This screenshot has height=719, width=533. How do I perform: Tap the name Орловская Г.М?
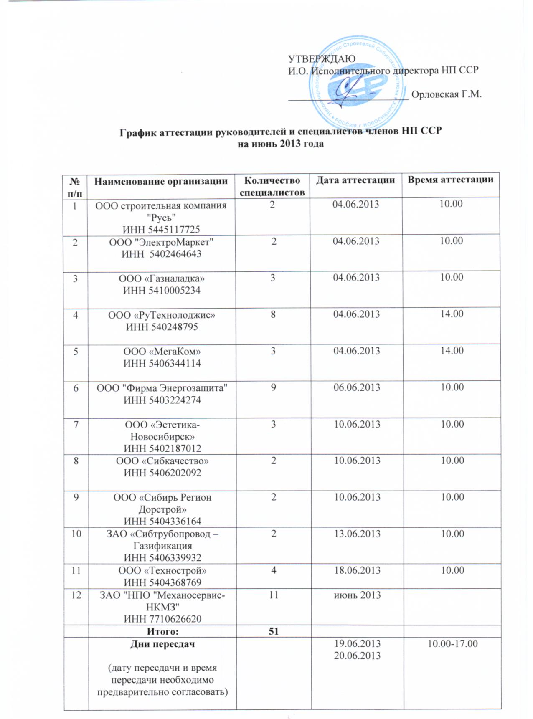[446, 94]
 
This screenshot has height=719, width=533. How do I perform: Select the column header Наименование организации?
[161, 181]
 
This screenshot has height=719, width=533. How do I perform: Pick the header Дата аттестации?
[355, 180]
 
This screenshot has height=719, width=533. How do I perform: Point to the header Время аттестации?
[450, 180]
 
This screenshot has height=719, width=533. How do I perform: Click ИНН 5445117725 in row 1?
[161, 229]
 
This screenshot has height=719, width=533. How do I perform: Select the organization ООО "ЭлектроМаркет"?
[161, 242]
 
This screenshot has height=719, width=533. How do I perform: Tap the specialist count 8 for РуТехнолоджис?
[273, 314]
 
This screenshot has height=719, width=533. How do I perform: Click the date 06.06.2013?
[356, 387]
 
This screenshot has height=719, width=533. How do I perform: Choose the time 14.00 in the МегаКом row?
[452, 351]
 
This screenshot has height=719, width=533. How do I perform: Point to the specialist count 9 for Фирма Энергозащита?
[273, 387]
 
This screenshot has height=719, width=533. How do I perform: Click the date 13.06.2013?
[357, 534]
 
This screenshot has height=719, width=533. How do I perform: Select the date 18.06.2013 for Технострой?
[357, 570]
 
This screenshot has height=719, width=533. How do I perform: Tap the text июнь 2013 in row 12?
[357, 595]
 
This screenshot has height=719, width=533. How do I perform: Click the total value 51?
[273, 631]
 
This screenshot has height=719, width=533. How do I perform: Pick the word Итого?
[162, 632]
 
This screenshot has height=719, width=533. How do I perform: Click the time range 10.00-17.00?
[452, 644]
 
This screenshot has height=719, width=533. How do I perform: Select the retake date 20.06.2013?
[357, 656]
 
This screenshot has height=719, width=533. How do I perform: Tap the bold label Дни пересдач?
[162, 644]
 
